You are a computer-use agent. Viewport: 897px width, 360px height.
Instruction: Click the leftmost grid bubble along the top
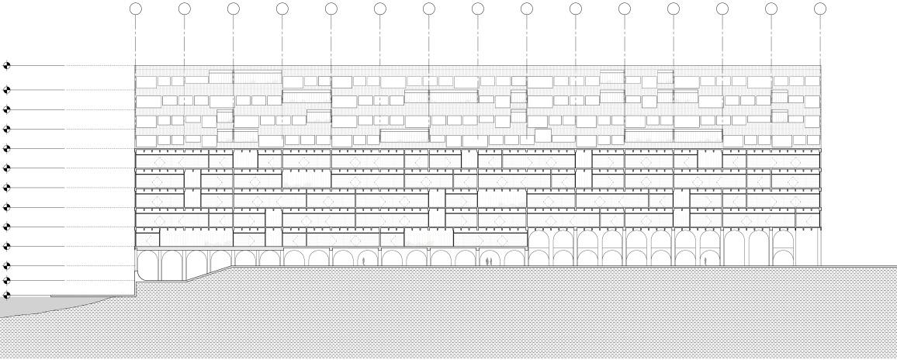[x=135, y=9]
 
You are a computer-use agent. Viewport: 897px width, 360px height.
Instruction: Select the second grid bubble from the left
[x=184, y=9]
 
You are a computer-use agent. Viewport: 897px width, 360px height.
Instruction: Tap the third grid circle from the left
[x=233, y=9]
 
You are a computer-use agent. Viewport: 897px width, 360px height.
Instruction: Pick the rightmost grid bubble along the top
[x=820, y=9]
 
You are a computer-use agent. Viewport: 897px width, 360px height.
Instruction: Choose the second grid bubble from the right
[x=771, y=9]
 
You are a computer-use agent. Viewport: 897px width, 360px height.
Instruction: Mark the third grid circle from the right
[x=722, y=9]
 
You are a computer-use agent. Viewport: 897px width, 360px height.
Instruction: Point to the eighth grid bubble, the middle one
[x=478, y=9]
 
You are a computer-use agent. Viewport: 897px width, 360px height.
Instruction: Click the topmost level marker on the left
[x=7, y=66]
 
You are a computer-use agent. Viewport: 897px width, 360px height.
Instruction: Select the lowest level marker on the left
[x=7, y=296]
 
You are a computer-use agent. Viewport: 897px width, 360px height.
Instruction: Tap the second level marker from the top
[x=7, y=89]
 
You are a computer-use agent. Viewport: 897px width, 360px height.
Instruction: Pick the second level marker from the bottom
[x=7, y=280]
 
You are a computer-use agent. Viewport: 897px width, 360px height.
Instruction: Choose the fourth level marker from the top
[x=7, y=129]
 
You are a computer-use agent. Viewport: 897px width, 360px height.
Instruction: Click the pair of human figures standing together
[x=488, y=261]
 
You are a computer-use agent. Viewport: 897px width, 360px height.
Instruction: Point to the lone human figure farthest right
[x=705, y=261]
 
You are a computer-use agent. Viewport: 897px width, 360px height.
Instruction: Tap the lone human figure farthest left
[x=363, y=261]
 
